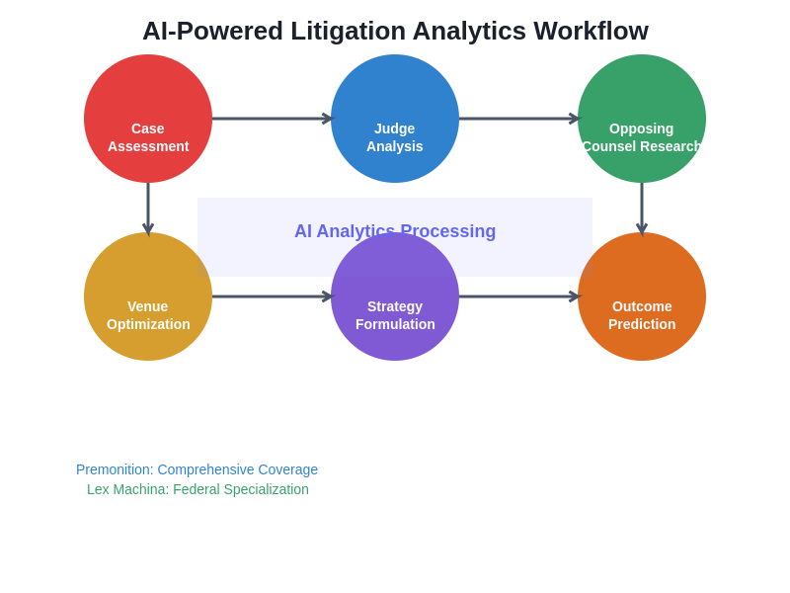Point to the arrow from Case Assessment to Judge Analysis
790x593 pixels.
(x=272, y=119)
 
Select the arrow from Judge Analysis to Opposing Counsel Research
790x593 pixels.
(x=518, y=119)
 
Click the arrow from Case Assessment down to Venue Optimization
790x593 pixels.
(x=148, y=208)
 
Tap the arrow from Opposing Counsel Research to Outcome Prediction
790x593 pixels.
(x=642, y=208)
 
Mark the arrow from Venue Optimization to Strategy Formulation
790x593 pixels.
(x=272, y=296)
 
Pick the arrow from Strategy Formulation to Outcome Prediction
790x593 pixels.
(x=518, y=296)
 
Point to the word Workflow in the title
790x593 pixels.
(x=591, y=31)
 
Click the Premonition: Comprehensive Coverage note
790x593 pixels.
(x=197, y=469)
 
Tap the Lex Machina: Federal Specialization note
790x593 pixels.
(x=197, y=489)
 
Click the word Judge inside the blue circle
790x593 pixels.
(x=395, y=128)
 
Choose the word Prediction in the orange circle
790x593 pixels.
(x=642, y=324)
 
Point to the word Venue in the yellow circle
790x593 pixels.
(x=148, y=306)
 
